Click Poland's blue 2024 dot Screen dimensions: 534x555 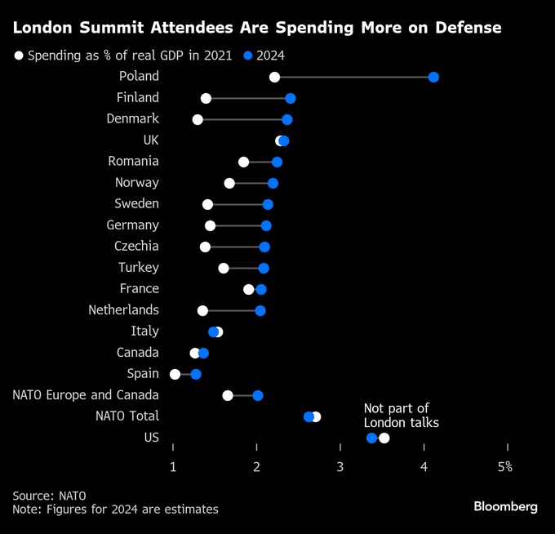click(433, 77)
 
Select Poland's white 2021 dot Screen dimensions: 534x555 click(274, 77)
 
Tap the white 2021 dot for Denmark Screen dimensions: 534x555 click(198, 119)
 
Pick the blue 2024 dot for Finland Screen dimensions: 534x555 click(291, 98)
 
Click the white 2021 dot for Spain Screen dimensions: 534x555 click(175, 374)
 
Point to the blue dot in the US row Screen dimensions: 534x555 click(372, 438)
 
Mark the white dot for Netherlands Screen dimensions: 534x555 click(202, 310)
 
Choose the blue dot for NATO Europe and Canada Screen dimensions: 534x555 click(258, 395)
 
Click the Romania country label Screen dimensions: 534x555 click(133, 161)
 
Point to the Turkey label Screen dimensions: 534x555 click(138, 267)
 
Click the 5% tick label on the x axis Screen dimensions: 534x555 click(506, 466)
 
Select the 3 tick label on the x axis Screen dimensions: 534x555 click(340, 466)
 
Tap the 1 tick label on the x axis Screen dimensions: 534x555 click(173, 466)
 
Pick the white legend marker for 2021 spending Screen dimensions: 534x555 click(19, 56)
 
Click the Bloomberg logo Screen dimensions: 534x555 click(505, 506)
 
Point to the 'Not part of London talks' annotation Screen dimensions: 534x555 click(402, 415)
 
